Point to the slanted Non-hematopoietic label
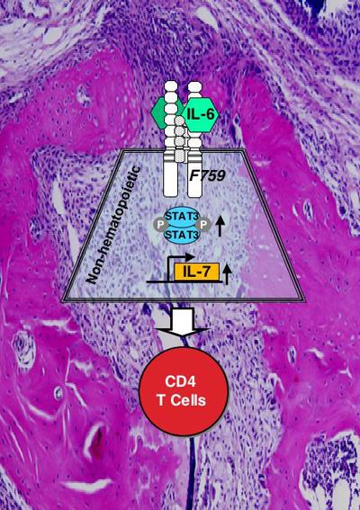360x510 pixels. tap(112, 225)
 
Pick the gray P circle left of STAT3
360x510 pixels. tap(160, 225)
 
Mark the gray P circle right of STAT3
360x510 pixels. tap(204, 225)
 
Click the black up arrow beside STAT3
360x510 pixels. tap(220, 227)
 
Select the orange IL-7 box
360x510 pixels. tap(197, 272)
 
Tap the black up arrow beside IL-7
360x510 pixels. tap(228, 273)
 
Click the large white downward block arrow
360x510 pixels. tap(183, 321)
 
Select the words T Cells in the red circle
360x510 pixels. tap(182, 400)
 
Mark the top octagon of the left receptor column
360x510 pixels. tap(171, 86)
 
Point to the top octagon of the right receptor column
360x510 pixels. tap(194, 86)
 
